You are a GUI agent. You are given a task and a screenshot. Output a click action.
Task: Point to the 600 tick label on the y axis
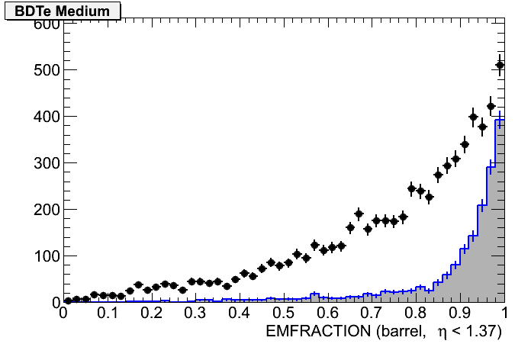click(x=45, y=24)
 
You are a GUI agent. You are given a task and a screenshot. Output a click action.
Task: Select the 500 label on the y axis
click(x=45, y=70)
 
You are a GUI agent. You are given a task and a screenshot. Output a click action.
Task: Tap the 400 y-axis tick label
click(x=45, y=117)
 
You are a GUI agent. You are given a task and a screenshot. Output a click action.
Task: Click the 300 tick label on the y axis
click(x=45, y=163)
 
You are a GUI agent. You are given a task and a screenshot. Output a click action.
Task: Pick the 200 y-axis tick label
click(x=45, y=210)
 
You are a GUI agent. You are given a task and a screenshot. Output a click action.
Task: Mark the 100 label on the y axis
click(x=45, y=256)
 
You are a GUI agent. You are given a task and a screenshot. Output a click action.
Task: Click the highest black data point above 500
click(x=500, y=65)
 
